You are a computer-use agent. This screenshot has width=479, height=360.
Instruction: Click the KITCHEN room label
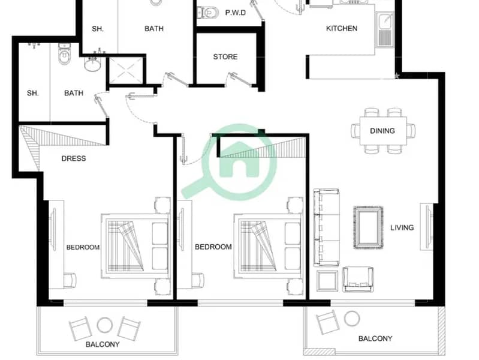coord(342,28)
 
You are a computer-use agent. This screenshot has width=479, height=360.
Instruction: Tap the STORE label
coord(225,57)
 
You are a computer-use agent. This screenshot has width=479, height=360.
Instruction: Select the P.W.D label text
coord(235,13)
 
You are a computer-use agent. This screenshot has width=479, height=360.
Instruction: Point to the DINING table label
coord(382,131)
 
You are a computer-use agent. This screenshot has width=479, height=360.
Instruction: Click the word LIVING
coord(402,227)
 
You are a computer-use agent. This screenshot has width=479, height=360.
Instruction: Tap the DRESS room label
coord(74,158)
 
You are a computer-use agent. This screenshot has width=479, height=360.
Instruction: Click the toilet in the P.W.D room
coord(209,13)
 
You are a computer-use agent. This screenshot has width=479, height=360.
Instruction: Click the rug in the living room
coord(369,227)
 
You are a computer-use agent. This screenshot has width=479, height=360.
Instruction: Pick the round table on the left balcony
coord(105,325)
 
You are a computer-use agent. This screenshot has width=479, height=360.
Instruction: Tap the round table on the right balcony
coord(352,319)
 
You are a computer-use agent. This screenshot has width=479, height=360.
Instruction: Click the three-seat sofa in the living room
coord(326,227)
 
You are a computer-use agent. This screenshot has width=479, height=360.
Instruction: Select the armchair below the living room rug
coord(358,279)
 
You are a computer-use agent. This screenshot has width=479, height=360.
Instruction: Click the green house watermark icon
coord(238,162)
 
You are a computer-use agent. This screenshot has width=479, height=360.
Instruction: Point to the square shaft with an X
coord(126,70)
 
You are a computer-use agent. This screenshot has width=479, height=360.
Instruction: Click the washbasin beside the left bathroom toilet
coord(92,64)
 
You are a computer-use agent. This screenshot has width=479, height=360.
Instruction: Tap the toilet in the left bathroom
coord(64,54)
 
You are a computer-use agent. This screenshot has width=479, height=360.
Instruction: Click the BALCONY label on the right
coord(375,338)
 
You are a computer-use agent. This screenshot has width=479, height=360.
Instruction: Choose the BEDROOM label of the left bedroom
coord(83,247)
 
